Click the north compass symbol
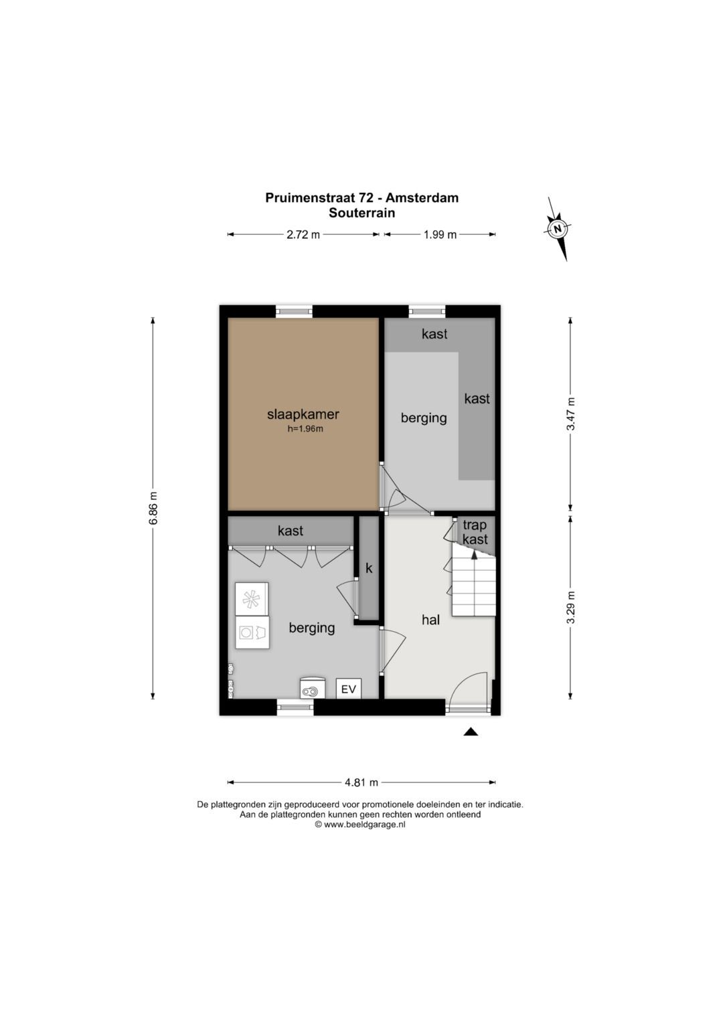tap(557, 229)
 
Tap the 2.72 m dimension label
tap(303, 235)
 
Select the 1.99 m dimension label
tap(440, 235)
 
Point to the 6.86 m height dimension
tap(153, 508)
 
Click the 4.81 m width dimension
tap(361, 782)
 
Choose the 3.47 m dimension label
tap(570, 414)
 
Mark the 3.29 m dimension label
tap(570, 607)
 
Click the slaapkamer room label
tap(303, 414)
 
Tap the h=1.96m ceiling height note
tap(305, 429)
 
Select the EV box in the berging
tap(349, 689)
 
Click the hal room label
tap(431, 619)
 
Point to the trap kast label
tap(475, 532)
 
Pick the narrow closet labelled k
tap(369, 568)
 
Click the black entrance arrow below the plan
tap(471, 732)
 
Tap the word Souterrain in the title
tap(362, 213)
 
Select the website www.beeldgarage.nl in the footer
tap(365, 825)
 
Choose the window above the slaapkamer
tap(295, 312)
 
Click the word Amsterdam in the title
tap(422, 198)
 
